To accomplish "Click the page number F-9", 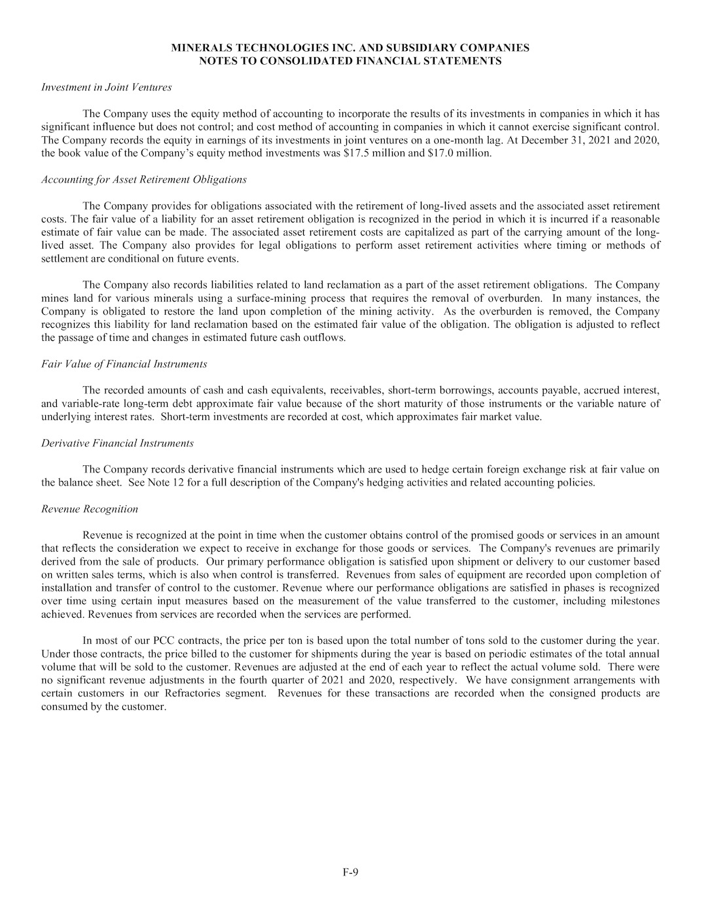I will [350, 872].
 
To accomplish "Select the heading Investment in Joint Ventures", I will [106, 87].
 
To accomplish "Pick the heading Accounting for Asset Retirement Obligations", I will [143, 179].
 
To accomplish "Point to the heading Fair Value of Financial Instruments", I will [124, 364].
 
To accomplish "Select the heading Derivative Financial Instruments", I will [117, 443].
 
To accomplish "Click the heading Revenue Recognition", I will [89, 509].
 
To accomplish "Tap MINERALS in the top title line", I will [200, 48].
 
